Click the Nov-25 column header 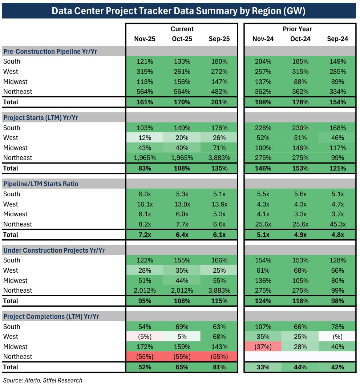click(x=145, y=39)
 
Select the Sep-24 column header click(x=337, y=39)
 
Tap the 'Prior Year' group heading click(x=297, y=29)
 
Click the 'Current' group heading click(x=182, y=29)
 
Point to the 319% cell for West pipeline click(x=145, y=72)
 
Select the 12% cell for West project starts click(x=145, y=138)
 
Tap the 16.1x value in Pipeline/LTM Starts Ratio click(x=145, y=204)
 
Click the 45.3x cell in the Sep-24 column click(x=337, y=224)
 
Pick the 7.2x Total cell click(x=145, y=234)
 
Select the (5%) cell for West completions click(x=145, y=337)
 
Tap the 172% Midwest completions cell click(x=145, y=347)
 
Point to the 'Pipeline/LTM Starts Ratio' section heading click(x=41, y=184)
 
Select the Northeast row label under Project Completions click(x=17, y=357)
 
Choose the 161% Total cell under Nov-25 click(x=145, y=102)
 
